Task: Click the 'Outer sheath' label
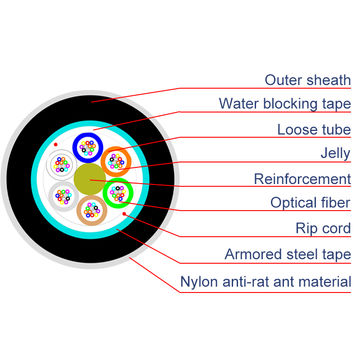[x=307, y=79]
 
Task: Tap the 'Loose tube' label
[x=312, y=129]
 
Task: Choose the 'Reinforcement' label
[x=301, y=180]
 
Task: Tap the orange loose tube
[x=118, y=161]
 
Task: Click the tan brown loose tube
[x=92, y=211]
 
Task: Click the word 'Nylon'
[x=197, y=281]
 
